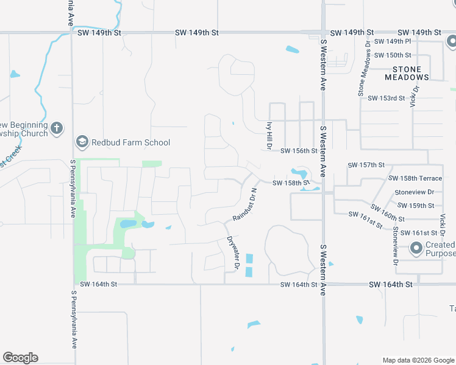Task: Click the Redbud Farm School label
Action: point(130,143)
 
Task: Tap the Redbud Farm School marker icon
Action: point(82,142)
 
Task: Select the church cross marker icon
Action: point(56,128)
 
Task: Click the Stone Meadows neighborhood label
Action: point(407,73)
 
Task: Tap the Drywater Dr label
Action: point(232,253)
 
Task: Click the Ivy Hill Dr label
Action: point(268,134)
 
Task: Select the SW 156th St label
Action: point(299,151)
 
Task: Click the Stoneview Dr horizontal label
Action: point(414,192)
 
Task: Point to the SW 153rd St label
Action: point(384,98)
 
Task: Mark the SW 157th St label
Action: point(366,165)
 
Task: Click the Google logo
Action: point(20,358)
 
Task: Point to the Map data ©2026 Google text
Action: point(418,360)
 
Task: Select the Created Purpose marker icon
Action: point(416,248)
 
